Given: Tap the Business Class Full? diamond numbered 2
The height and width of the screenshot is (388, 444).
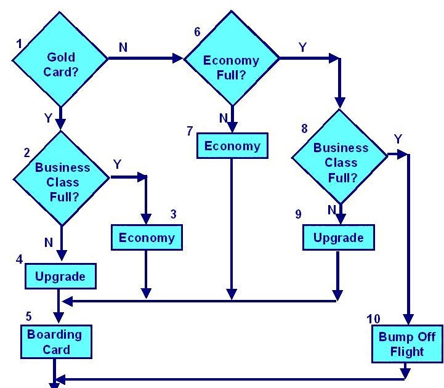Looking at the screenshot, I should coord(62,178).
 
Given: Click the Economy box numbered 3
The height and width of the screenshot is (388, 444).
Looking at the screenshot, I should coord(147,238).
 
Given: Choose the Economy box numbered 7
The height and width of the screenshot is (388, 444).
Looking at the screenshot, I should coord(232,147).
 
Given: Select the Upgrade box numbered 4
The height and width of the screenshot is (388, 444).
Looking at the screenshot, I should coord(60,276).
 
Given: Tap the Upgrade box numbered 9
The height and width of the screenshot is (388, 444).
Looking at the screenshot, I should coord(338,238).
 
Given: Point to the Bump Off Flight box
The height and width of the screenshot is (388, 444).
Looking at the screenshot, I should coord(406,345).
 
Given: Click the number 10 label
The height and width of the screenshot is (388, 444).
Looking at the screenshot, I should coord(374,319).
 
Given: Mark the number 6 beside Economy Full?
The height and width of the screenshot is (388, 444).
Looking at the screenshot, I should coord(197,31).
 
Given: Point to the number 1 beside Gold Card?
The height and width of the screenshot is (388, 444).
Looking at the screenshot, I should coord(19,44).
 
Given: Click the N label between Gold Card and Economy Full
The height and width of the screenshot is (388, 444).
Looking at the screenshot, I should coord(123,47).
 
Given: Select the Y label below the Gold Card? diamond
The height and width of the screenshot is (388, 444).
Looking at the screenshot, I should coord(49,116).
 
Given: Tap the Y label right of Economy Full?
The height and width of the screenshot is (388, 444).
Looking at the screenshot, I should coord(302,47).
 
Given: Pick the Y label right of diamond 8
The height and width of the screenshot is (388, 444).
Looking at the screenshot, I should coord(398,140).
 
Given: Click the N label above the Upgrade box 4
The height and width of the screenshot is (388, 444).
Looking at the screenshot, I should coord(49,243).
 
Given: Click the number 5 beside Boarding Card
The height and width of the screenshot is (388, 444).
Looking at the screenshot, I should coord(28,316).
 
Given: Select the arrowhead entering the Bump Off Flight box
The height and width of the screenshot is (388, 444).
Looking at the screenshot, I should coord(408,320).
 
